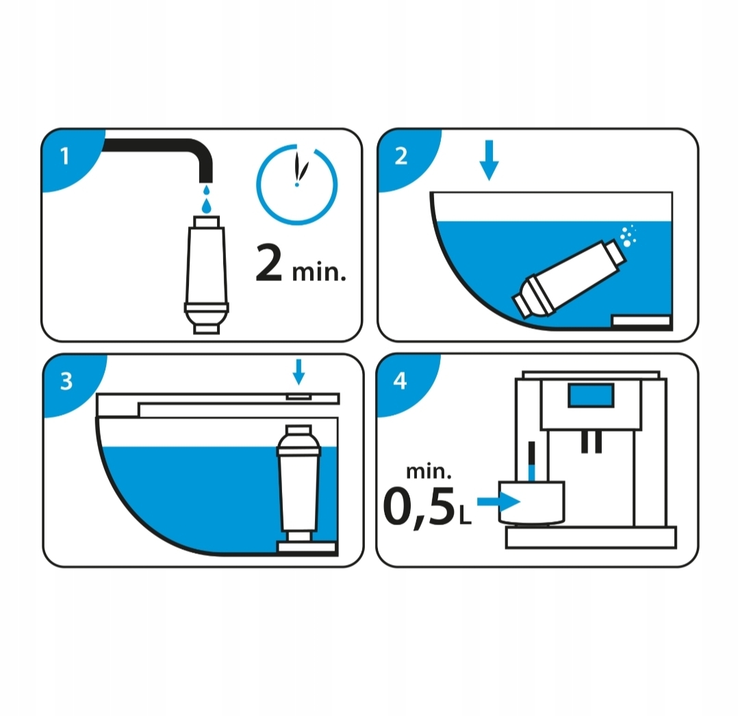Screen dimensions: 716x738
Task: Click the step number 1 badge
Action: click(65, 157)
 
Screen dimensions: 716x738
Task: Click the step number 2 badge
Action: click(401, 157)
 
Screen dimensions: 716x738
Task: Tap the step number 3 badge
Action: click(66, 381)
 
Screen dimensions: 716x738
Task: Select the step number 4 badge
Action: click(400, 381)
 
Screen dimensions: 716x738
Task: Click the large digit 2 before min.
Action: click(269, 265)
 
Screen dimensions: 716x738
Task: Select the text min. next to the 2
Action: click(318, 272)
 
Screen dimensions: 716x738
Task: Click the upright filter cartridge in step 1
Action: click(206, 274)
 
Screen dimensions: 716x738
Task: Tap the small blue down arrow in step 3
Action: click(298, 372)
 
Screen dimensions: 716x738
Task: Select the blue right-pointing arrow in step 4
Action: click(498, 502)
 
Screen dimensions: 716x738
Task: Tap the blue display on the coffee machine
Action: click(591, 395)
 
